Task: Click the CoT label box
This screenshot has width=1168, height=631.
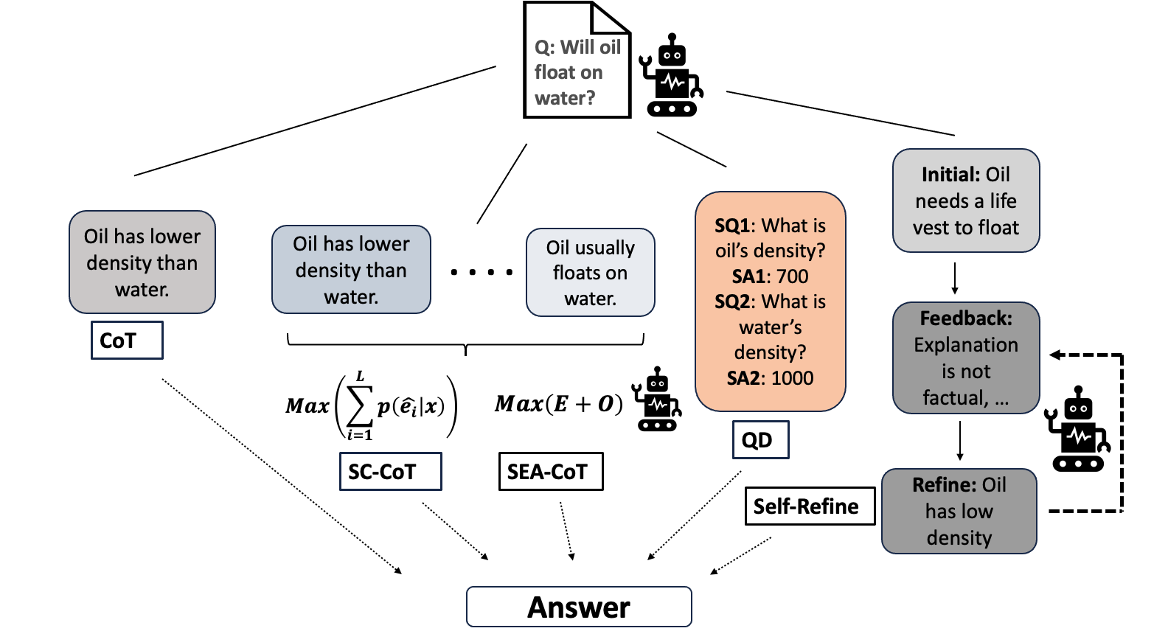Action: pyautogui.click(x=127, y=341)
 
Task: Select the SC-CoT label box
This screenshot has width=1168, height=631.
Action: pyautogui.click(x=390, y=472)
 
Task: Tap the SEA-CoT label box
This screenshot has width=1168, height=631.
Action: pyautogui.click(x=551, y=472)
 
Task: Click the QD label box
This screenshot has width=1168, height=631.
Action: pyautogui.click(x=760, y=440)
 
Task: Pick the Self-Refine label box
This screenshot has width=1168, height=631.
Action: pyautogui.click(x=810, y=506)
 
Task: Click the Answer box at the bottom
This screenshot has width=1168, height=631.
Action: pyautogui.click(x=579, y=607)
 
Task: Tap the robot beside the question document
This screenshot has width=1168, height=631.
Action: pyautogui.click(x=670, y=77)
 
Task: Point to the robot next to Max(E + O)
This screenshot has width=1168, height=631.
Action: pyautogui.click(x=656, y=400)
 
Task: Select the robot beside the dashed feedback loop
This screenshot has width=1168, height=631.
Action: pyautogui.click(x=1077, y=430)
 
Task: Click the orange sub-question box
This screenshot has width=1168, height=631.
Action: pyautogui.click(x=770, y=301)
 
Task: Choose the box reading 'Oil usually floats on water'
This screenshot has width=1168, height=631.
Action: pyautogui.click(x=590, y=273)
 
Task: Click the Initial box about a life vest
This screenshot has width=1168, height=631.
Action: pyautogui.click(x=966, y=201)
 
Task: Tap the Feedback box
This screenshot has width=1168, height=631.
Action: pyautogui.click(x=966, y=358)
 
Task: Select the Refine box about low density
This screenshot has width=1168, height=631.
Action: pyautogui.click(x=959, y=511)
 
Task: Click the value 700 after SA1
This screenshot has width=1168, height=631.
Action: pyautogui.click(x=792, y=276)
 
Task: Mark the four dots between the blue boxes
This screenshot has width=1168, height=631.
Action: pyautogui.click(x=482, y=272)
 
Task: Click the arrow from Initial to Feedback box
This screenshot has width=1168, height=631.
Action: pyautogui.click(x=955, y=278)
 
